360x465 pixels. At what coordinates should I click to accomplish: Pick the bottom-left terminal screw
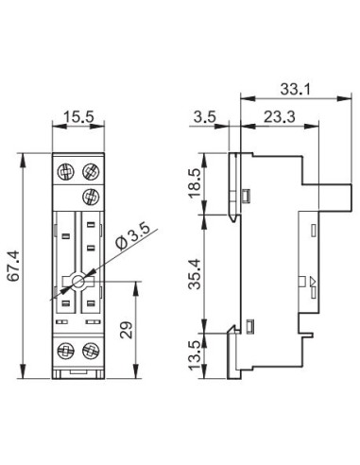pyautogui.click(x=68, y=352)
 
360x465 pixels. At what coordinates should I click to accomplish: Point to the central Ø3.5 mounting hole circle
pyautogui.click(x=79, y=281)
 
